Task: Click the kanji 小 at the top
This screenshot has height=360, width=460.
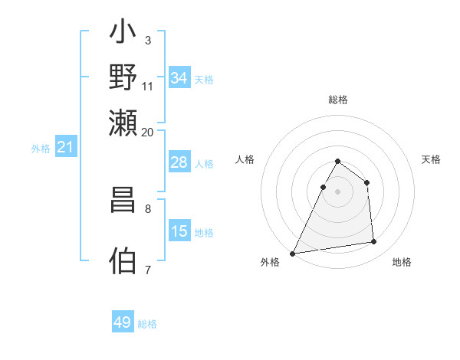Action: [123, 35]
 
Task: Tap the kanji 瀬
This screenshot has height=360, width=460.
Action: [123, 123]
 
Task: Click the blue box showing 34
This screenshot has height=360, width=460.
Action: [179, 78]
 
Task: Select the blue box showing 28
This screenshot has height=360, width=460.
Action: [179, 162]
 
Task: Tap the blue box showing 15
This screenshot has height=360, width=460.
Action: [179, 231]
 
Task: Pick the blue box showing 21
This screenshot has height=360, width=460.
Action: [65, 147]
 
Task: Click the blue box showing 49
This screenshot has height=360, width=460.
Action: [123, 322]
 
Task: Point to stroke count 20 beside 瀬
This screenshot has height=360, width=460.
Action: [148, 132]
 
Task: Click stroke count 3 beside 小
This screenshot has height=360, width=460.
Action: [147, 39]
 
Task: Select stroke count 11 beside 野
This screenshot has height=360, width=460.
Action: [148, 86]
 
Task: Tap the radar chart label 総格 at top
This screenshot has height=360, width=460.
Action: [338, 100]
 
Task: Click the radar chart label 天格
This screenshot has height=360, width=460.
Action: [432, 159]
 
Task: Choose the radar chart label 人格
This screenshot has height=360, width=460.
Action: [245, 159]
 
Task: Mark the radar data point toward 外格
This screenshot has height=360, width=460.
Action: [293, 253]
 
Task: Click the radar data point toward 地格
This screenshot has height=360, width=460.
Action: [374, 242]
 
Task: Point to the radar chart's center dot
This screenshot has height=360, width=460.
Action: [337, 191]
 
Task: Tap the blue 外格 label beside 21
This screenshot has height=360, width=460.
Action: [41, 149]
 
